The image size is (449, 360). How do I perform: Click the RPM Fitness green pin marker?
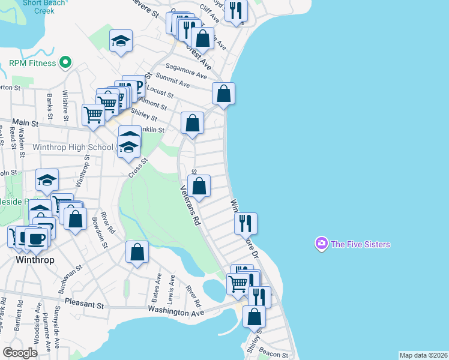click(x=66, y=62)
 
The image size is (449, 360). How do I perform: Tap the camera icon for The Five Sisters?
click(x=321, y=244)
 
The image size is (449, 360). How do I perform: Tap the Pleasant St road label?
click(x=84, y=304)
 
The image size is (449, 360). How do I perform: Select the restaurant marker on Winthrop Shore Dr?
click(x=246, y=223)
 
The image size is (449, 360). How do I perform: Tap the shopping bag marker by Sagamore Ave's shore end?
click(x=223, y=94)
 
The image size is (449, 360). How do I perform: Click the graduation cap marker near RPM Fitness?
click(x=121, y=41)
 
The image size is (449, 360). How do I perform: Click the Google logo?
click(x=20, y=353)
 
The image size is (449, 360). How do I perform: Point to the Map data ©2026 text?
click(x=423, y=355)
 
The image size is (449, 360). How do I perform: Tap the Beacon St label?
click(x=275, y=355)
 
